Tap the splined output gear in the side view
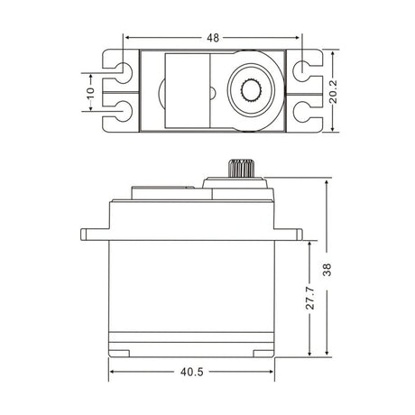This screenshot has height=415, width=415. [239, 169]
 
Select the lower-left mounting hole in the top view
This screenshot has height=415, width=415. [121, 113]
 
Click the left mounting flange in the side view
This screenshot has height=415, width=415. [94, 234]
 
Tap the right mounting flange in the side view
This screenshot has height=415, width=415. [291, 234]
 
